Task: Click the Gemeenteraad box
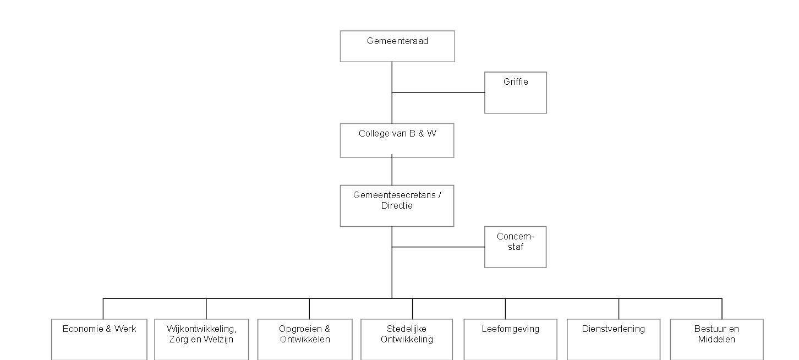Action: click(x=397, y=46)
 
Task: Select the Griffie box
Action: click(x=515, y=92)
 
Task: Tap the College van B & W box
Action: click(x=397, y=140)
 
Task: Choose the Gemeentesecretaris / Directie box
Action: click(x=397, y=206)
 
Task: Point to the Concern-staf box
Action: click(x=515, y=247)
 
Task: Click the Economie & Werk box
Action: click(x=99, y=339)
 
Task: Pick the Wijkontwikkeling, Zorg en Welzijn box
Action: click(x=201, y=339)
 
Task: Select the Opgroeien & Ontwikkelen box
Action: click(x=305, y=339)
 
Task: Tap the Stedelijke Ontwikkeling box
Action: click(x=407, y=339)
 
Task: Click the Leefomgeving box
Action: click(x=510, y=339)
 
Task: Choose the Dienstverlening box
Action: click(x=613, y=339)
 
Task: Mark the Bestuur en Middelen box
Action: click(x=716, y=339)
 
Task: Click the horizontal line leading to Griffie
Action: click(x=438, y=92)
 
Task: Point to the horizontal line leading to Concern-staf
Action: click(x=438, y=247)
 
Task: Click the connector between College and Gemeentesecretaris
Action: click(x=392, y=171)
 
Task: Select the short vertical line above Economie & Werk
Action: click(x=103, y=309)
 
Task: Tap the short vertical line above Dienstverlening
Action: click(x=619, y=309)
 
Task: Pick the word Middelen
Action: click(x=716, y=340)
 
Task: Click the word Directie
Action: click(x=397, y=206)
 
